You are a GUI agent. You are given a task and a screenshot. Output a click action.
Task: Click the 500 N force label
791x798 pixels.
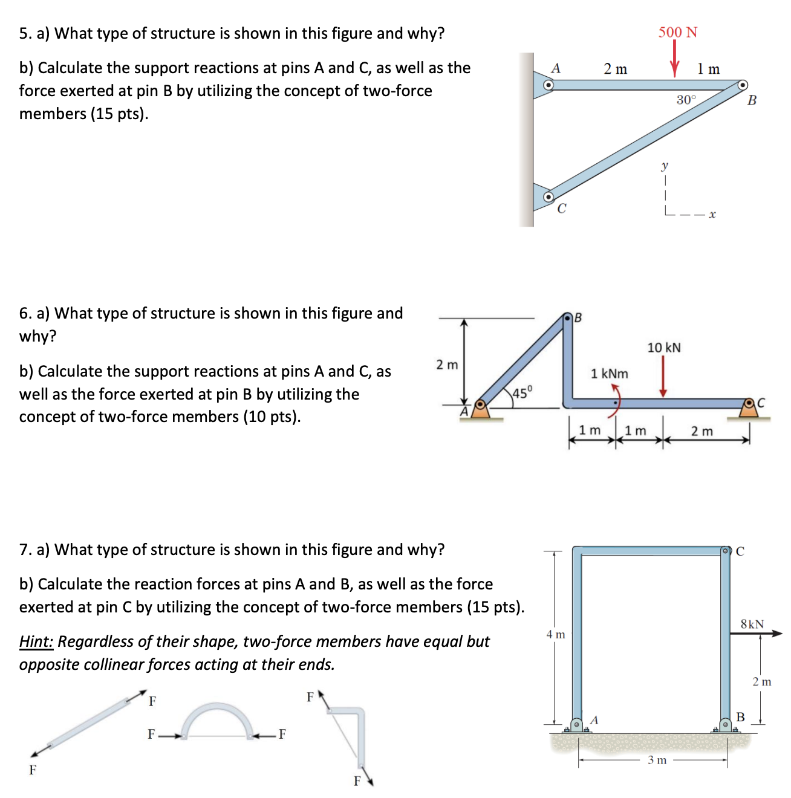click(x=677, y=32)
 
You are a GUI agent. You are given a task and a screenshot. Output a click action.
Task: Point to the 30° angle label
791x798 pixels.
click(x=686, y=100)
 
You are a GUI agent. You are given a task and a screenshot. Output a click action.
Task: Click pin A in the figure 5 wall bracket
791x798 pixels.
click(x=548, y=85)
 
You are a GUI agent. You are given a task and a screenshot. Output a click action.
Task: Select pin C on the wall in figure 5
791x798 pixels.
click(x=548, y=196)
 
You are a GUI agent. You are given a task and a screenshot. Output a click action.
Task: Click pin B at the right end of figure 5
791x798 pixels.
click(x=743, y=85)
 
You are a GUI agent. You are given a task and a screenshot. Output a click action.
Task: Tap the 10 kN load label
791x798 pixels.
click(x=663, y=348)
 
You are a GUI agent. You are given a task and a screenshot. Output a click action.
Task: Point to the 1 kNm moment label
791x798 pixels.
click(x=609, y=374)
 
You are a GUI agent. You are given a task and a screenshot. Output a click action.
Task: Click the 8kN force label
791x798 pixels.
click(x=752, y=624)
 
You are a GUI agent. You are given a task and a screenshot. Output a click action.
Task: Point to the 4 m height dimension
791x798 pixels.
click(x=555, y=634)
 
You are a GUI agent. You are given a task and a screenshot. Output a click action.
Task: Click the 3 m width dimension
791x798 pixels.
click(x=657, y=760)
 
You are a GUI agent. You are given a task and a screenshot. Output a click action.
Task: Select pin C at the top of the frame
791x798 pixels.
click(x=726, y=551)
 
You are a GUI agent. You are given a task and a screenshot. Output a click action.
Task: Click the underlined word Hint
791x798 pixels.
click(x=36, y=641)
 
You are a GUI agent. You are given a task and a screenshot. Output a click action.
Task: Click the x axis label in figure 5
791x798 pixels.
click(x=712, y=215)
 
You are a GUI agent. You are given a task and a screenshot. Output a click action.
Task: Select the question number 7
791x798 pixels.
click(x=24, y=550)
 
